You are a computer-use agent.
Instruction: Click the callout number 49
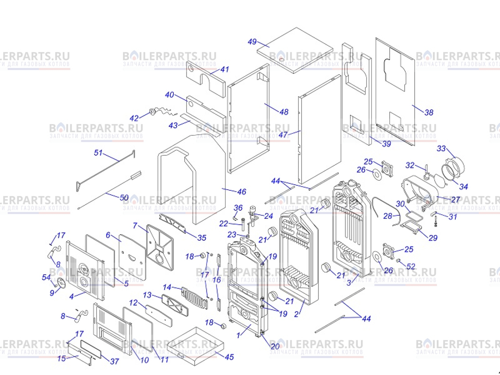pyautogui.click(x=252, y=42)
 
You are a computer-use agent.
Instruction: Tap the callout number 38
pyautogui.click(x=429, y=113)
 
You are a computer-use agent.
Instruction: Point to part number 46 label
pyautogui.click(x=242, y=192)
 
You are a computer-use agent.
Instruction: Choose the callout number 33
pyautogui.click(x=441, y=149)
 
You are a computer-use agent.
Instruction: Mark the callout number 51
pyautogui.click(x=98, y=153)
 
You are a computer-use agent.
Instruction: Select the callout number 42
pyautogui.click(x=134, y=118)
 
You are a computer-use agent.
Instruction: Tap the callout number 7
pyautogui.click(x=135, y=226)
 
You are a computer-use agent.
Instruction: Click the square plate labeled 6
pyautogui.click(x=132, y=257)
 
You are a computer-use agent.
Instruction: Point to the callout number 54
pyautogui.click(x=46, y=277)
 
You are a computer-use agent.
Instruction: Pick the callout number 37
pyautogui.click(x=114, y=361)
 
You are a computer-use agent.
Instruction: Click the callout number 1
pyautogui.click(x=238, y=335)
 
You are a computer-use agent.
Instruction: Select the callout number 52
pyautogui.click(x=411, y=266)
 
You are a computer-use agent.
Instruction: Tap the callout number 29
pyautogui.click(x=433, y=238)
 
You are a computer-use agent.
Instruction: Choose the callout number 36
pyautogui.click(x=238, y=208)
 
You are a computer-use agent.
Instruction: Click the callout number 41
pyautogui.click(x=225, y=69)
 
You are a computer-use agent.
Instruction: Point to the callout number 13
pyautogui.click(x=147, y=295)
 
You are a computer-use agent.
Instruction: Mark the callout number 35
pyautogui.click(x=202, y=238)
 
